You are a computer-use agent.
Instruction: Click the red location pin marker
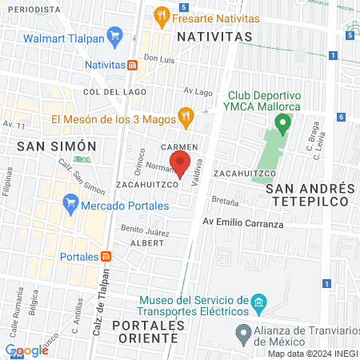pyautogui.click(x=180, y=164)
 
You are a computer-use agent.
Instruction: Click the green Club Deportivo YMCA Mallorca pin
pyautogui.click(x=281, y=123)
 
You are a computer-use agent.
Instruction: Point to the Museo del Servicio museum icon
pyautogui.click(x=258, y=303)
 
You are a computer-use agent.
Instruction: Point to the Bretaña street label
pyautogui.click(x=225, y=199)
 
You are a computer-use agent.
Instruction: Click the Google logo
pyautogui.click(x=27, y=350)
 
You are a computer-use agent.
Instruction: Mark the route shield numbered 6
pyautogui.click(x=341, y=117)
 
